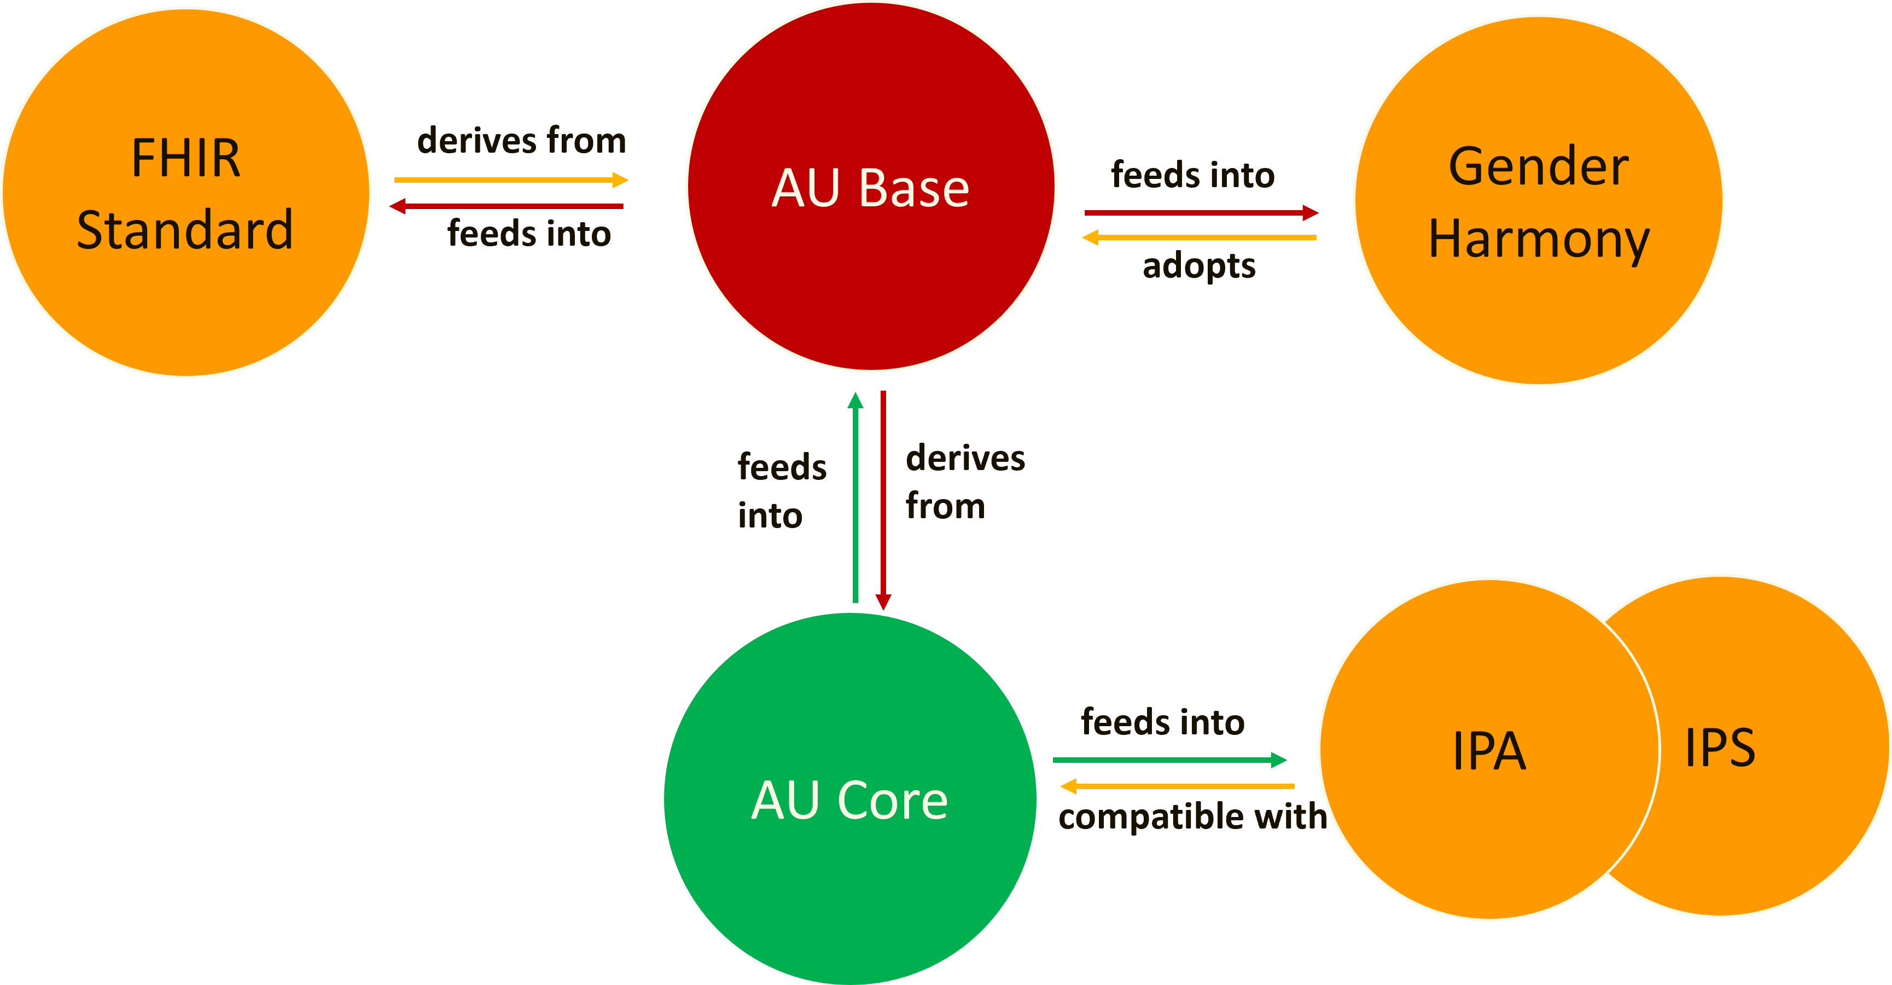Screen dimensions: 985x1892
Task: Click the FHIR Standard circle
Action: coord(187,193)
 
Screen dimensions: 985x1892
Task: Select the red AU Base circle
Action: coord(871,187)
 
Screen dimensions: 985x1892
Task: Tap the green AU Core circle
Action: coord(850,799)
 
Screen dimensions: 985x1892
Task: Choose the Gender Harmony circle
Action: coord(1539,200)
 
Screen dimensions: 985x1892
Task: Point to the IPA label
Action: coord(1489,751)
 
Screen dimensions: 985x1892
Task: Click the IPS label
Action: coord(1720,748)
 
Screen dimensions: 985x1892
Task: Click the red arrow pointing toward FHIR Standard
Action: coord(507,206)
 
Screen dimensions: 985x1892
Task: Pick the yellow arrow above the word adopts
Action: coord(1198,237)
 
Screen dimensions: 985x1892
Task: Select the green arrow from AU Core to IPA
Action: coord(1170,760)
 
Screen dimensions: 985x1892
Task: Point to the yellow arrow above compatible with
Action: coord(1177,786)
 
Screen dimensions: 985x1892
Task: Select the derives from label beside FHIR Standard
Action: coord(521,140)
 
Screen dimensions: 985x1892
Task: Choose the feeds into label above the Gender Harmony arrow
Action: coord(1193,175)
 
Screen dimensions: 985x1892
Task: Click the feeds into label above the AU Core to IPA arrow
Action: coord(1163,722)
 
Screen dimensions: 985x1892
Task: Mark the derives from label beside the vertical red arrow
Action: coord(964,482)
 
